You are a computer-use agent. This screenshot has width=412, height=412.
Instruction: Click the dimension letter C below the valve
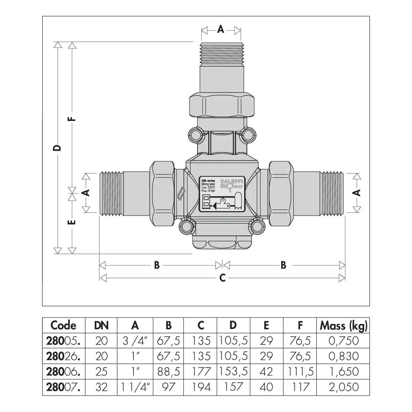[x=222, y=278]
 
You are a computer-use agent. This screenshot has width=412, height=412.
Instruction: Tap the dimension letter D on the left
[x=57, y=148]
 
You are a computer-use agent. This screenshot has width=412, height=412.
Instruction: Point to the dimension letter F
[x=72, y=119]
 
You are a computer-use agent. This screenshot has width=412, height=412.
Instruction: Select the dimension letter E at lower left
[x=72, y=222]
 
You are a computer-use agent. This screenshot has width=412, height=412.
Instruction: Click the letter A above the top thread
[x=221, y=29]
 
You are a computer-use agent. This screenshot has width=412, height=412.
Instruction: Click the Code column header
[x=63, y=325]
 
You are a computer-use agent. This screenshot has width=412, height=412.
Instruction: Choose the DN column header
[x=102, y=326]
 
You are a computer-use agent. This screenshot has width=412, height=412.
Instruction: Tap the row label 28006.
[x=63, y=372]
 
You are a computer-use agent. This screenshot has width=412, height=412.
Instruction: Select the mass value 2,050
[x=344, y=387]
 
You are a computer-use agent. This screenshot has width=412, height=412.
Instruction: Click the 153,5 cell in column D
[x=233, y=372]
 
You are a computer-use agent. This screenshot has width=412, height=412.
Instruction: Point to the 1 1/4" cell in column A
[x=135, y=387]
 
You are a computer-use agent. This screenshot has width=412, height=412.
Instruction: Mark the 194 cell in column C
[x=201, y=387]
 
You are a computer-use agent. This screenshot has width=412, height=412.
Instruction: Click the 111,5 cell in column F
[x=300, y=372]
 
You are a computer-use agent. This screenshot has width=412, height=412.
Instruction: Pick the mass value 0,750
[x=344, y=341]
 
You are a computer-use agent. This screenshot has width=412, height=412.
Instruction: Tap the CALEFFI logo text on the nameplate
[x=232, y=181]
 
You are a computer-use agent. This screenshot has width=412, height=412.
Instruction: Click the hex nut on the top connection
[x=222, y=105]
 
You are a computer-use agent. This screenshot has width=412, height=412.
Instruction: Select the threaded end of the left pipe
[x=111, y=194]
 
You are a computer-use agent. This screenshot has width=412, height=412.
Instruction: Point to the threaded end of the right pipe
[x=331, y=194]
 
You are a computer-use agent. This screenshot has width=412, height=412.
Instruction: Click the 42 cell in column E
[x=266, y=372]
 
